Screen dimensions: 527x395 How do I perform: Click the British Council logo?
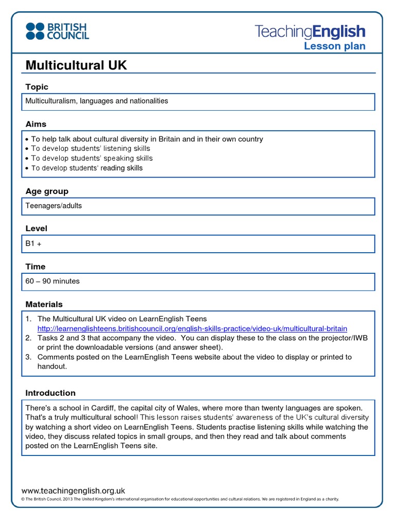(57, 31)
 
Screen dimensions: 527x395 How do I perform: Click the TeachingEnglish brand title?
(310, 31)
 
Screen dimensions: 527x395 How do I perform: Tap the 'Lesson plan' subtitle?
(334, 46)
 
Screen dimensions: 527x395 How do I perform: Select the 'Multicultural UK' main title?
(76, 65)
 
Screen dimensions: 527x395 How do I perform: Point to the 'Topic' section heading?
(37, 87)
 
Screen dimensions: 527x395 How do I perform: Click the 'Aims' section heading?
(36, 124)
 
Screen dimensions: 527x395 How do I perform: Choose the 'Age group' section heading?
(47, 191)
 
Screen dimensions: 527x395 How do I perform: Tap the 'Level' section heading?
(37, 228)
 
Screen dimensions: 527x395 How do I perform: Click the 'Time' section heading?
(35, 267)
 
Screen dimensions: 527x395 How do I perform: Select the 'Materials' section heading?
(44, 304)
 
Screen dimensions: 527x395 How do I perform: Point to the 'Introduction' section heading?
(50, 393)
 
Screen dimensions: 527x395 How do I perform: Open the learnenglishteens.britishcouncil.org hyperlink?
(192, 328)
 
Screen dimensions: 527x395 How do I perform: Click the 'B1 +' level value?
(33, 243)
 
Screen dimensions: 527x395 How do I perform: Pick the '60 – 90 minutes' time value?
(52, 281)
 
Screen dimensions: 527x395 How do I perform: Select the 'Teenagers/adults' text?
(53, 206)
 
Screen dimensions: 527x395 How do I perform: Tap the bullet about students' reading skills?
(87, 168)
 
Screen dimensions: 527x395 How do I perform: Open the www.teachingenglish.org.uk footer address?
(73, 491)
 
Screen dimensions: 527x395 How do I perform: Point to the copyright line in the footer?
(180, 499)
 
